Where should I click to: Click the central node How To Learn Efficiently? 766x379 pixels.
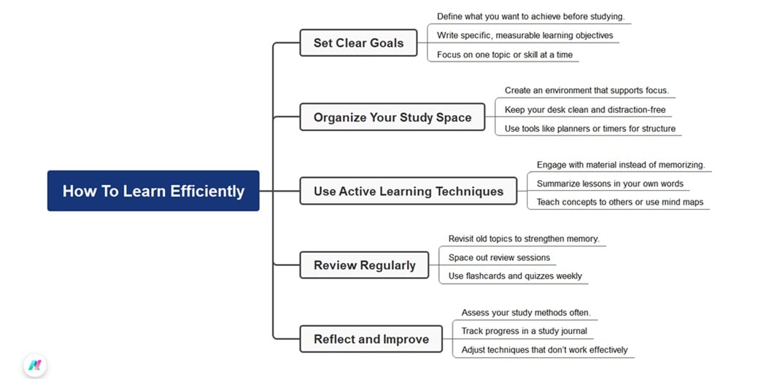[153, 191]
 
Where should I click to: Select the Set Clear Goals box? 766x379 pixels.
[358, 43]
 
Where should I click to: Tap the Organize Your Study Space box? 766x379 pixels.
[392, 117]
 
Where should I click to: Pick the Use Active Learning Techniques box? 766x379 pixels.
[409, 191]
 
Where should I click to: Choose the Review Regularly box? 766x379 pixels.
[365, 265]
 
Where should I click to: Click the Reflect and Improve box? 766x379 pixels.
[371, 339]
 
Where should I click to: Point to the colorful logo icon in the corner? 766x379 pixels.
[34, 364]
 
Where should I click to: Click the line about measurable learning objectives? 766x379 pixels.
[525, 35]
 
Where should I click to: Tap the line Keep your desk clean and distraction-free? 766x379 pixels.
[584, 110]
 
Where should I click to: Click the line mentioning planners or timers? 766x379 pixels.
[589, 129]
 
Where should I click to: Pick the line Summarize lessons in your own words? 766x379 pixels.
[610, 184]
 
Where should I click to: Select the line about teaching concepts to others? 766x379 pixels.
[619, 202]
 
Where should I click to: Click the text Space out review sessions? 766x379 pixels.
[499, 257]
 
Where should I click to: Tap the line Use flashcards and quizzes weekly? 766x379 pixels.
[514, 276]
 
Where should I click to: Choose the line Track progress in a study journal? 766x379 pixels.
[524, 331]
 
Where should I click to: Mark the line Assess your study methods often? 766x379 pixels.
[525, 313]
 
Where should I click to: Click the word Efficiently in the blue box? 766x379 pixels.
[207, 191]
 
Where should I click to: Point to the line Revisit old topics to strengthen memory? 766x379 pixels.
[523, 238]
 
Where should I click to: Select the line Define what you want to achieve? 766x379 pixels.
[530, 16]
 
